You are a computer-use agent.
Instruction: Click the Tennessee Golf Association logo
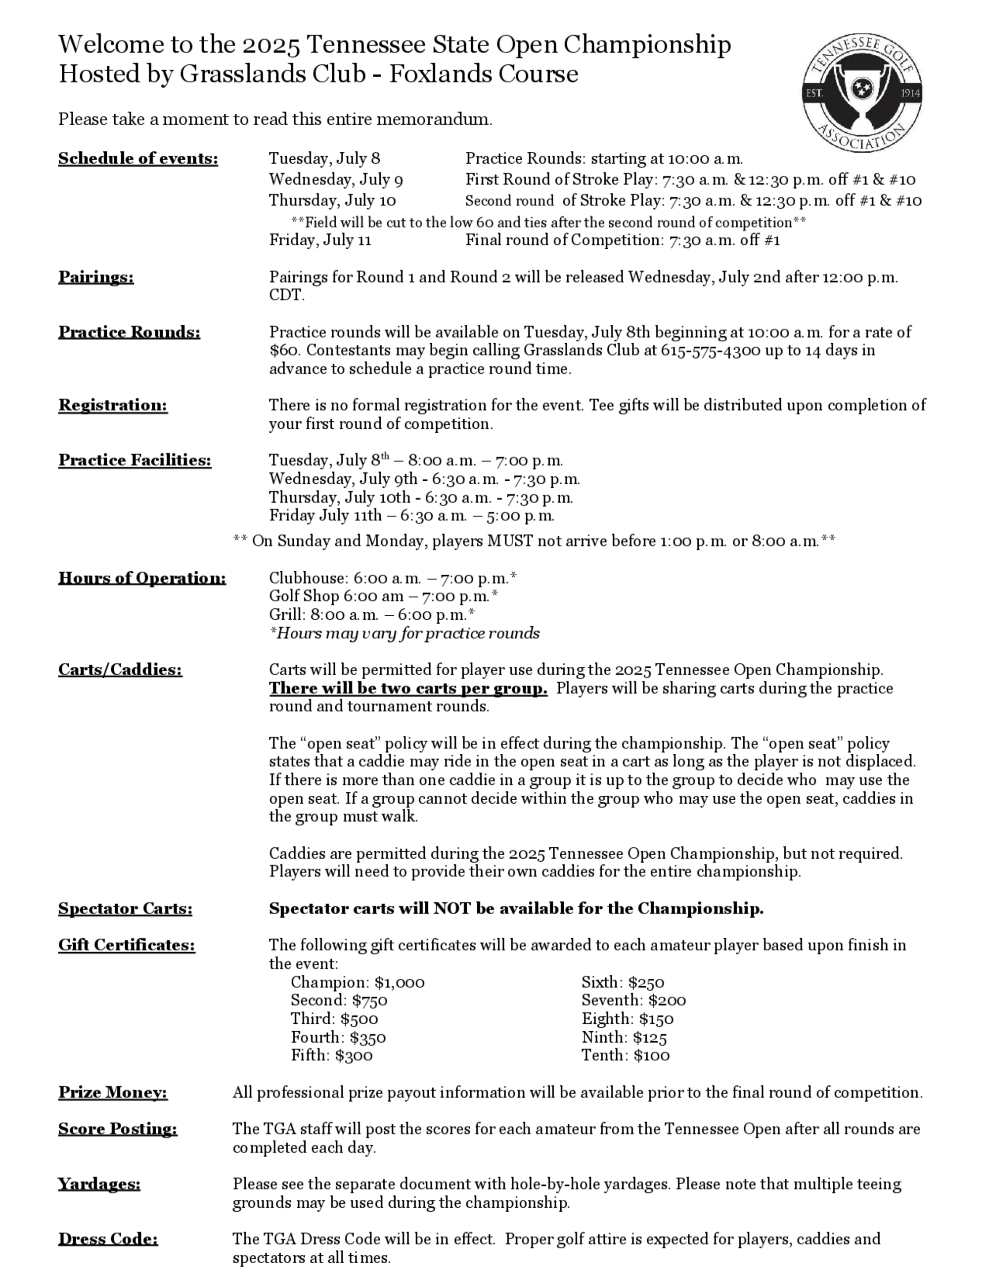[x=861, y=92]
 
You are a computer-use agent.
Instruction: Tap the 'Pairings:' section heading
[x=96, y=276]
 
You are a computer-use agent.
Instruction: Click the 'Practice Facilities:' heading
[x=135, y=460]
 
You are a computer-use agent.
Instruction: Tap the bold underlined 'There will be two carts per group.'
[x=408, y=688]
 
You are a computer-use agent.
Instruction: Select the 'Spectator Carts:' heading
[x=126, y=909]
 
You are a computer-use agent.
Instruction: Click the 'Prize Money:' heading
[x=112, y=1093]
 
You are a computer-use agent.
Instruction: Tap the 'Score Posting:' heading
[x=117, y=1129]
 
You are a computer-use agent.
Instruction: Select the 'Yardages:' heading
[x=99, y=1184]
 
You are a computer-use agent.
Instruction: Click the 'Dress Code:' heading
[x=108, y=1239]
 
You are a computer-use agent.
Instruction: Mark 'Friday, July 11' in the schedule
[x=320, y=240]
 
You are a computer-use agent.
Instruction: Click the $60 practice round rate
[x=283, y=351]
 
